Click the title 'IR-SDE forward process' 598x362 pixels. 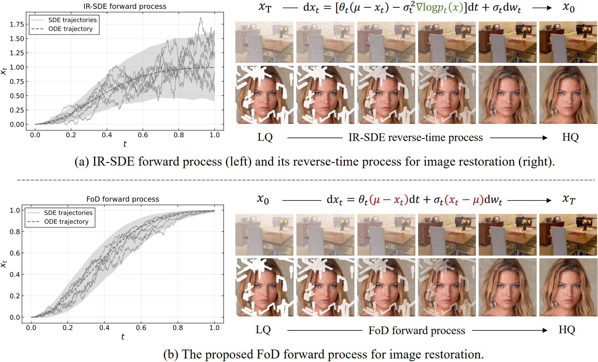tap(125, 6)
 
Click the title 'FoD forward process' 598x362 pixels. tap(123, 199)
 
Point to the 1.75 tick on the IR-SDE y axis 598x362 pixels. tap(17, 24)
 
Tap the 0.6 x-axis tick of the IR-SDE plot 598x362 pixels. tap(143, 135)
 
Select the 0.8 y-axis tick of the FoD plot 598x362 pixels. tap(15, 232)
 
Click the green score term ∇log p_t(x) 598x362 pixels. tap(439, 7)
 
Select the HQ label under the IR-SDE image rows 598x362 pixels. tap(570, 137)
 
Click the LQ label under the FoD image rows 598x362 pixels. tap(263, 330)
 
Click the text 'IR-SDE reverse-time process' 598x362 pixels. tap(415, 137)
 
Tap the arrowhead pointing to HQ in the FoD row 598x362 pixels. tap(545, 330)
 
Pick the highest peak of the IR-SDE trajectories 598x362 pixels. tap(201, 18)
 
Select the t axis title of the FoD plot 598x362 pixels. tap(123, 337)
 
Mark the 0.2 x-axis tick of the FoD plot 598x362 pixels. tap(68, 328)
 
